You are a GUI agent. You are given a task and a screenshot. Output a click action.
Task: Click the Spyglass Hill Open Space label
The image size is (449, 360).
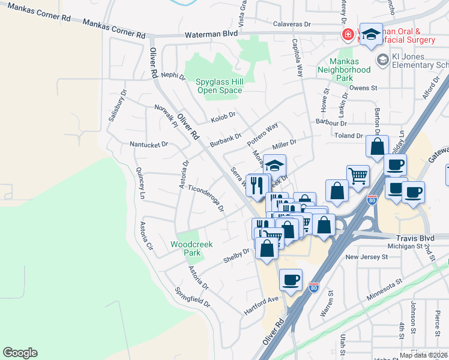click(220, 86)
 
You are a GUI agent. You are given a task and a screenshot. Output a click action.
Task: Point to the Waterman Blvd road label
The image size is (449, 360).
click(211, 35)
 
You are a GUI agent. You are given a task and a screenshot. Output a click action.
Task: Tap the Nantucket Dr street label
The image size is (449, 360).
click(148, 145)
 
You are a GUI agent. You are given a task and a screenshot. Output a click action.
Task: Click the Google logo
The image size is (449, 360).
click(20, 353)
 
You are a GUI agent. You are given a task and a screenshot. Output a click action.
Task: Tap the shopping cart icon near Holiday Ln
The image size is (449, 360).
click(358, 176)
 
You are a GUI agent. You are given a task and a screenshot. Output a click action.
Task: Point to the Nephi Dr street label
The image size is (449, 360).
click(173, 76)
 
